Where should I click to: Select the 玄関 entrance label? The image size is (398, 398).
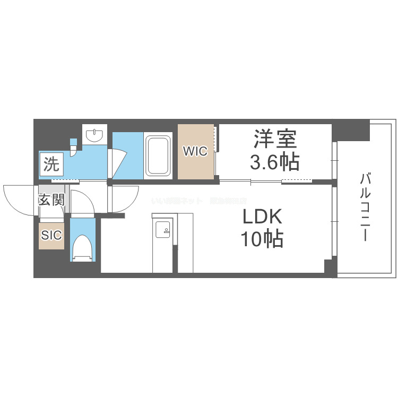(51, 200)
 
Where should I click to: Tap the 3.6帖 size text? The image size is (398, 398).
(274, 161)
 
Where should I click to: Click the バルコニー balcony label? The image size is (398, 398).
(364, 207)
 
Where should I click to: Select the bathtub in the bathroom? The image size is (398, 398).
(158, 155)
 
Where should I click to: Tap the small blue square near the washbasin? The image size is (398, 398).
(73, 142)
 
